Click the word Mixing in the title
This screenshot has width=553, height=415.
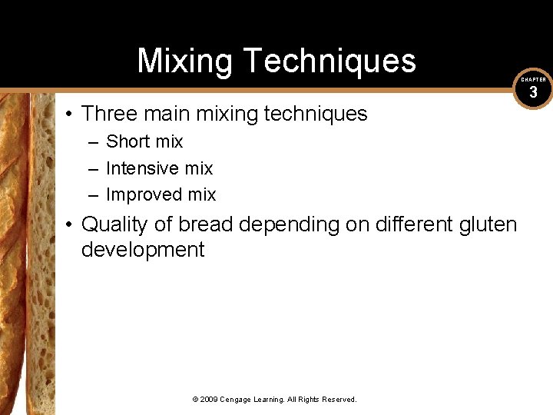(184, 61)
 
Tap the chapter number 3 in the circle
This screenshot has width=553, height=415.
(533, 93)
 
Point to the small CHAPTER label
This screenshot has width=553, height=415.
(533, 79)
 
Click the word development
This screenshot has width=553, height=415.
(143, 250)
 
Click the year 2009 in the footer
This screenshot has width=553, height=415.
(210, 400)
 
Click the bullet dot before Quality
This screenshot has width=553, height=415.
(69, 225)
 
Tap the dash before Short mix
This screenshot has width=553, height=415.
(92, 142)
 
